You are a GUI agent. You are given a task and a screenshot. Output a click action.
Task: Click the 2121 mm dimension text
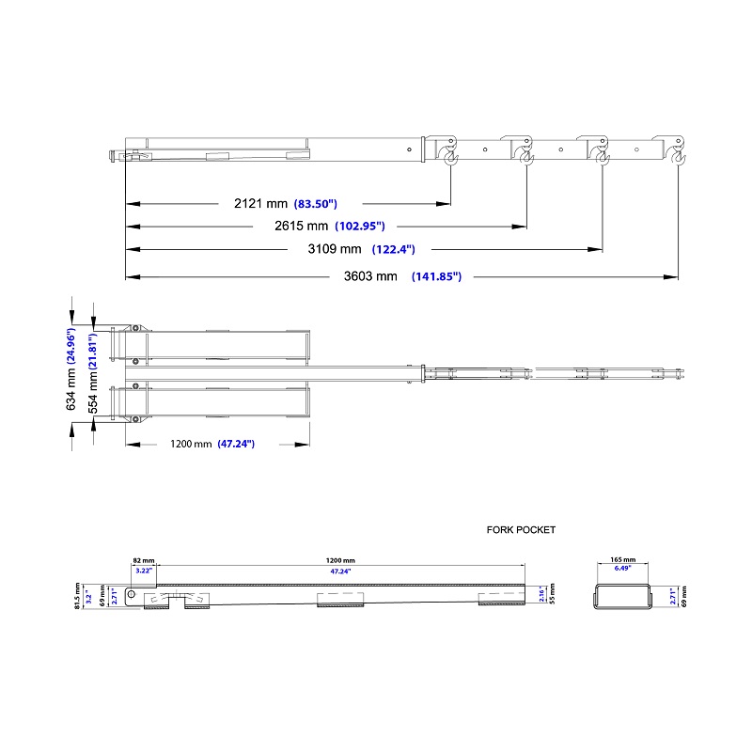pyautogui.click(x=260, y=203)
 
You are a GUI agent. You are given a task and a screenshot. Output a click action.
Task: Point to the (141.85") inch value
pyautogui.click(x=442, y=276)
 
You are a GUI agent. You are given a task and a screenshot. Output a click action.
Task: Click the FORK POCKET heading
pyautogui.click(x=521, y=530)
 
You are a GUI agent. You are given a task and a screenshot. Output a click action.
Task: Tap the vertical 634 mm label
pyautogui.click(x=70, y=388)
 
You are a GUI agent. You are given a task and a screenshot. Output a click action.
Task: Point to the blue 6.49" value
pyautogui.click(x=622, y=569)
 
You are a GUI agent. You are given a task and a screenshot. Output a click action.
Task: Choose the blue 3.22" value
pyautogui.click(x=143, y=570)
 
